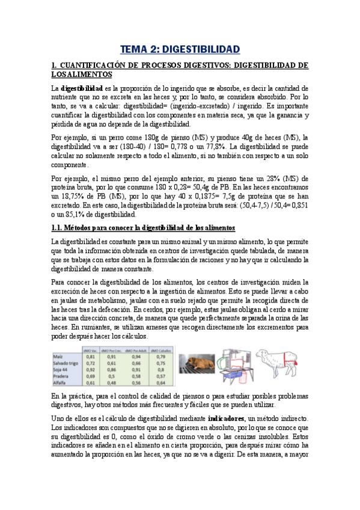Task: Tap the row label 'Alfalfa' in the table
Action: pyautogui.click(x=61, y=382)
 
